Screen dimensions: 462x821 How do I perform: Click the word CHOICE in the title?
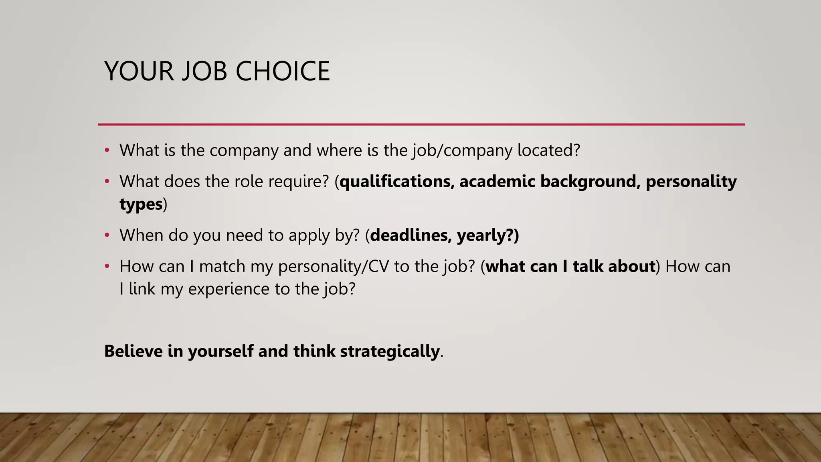click(283, 71)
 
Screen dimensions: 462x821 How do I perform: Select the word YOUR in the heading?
click(139, 71)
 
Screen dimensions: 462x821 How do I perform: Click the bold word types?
click(141, 205)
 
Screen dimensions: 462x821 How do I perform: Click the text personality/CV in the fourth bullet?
click(334, 267)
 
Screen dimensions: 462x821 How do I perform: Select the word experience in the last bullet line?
click(229, 289)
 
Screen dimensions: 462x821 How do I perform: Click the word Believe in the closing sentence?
click(133, 351)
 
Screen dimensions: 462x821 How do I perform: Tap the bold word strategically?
click(390, 351)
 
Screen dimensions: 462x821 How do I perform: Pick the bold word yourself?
click(220, 351)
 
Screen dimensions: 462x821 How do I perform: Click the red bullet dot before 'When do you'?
click(107, 235)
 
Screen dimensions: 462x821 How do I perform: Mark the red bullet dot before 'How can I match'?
click(107, 266)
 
